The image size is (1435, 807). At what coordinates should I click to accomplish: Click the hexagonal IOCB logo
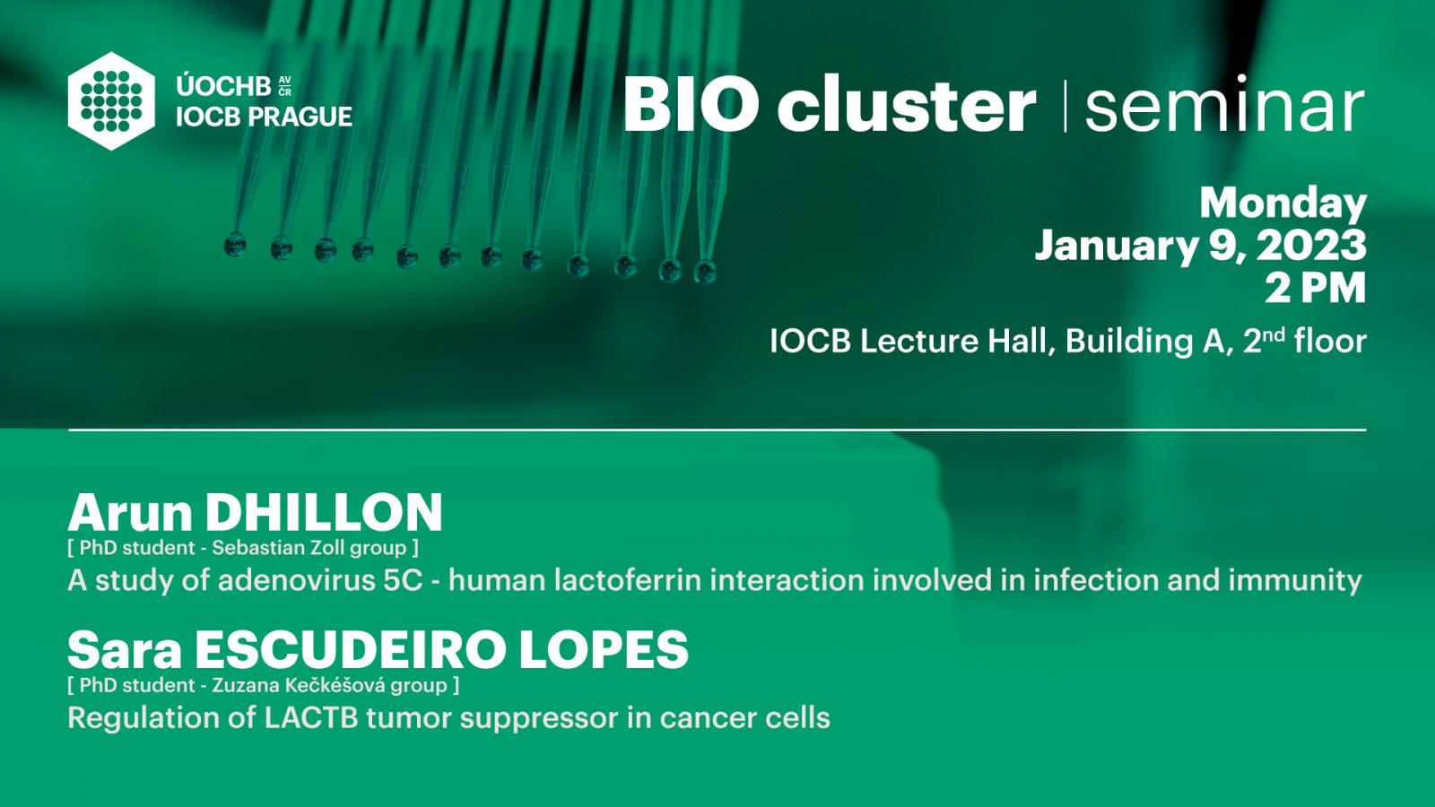(x=111, y=101)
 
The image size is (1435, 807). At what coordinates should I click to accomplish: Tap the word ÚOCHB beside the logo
(x=223, y=85)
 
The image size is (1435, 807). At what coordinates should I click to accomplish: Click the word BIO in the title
(x=691, y=103)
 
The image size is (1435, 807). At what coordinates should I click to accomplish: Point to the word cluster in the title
(x=906, y=103)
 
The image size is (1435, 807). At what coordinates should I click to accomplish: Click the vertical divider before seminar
(x=1065, y=106)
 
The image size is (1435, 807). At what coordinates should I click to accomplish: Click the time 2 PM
(x=1315, y=288)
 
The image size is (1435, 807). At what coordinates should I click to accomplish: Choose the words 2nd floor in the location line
(x=1304, y=340)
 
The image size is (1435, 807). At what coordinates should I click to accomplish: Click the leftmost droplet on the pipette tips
(x=235, y=245)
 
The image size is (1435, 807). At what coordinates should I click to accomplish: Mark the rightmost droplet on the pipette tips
(x=705, y=272)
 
